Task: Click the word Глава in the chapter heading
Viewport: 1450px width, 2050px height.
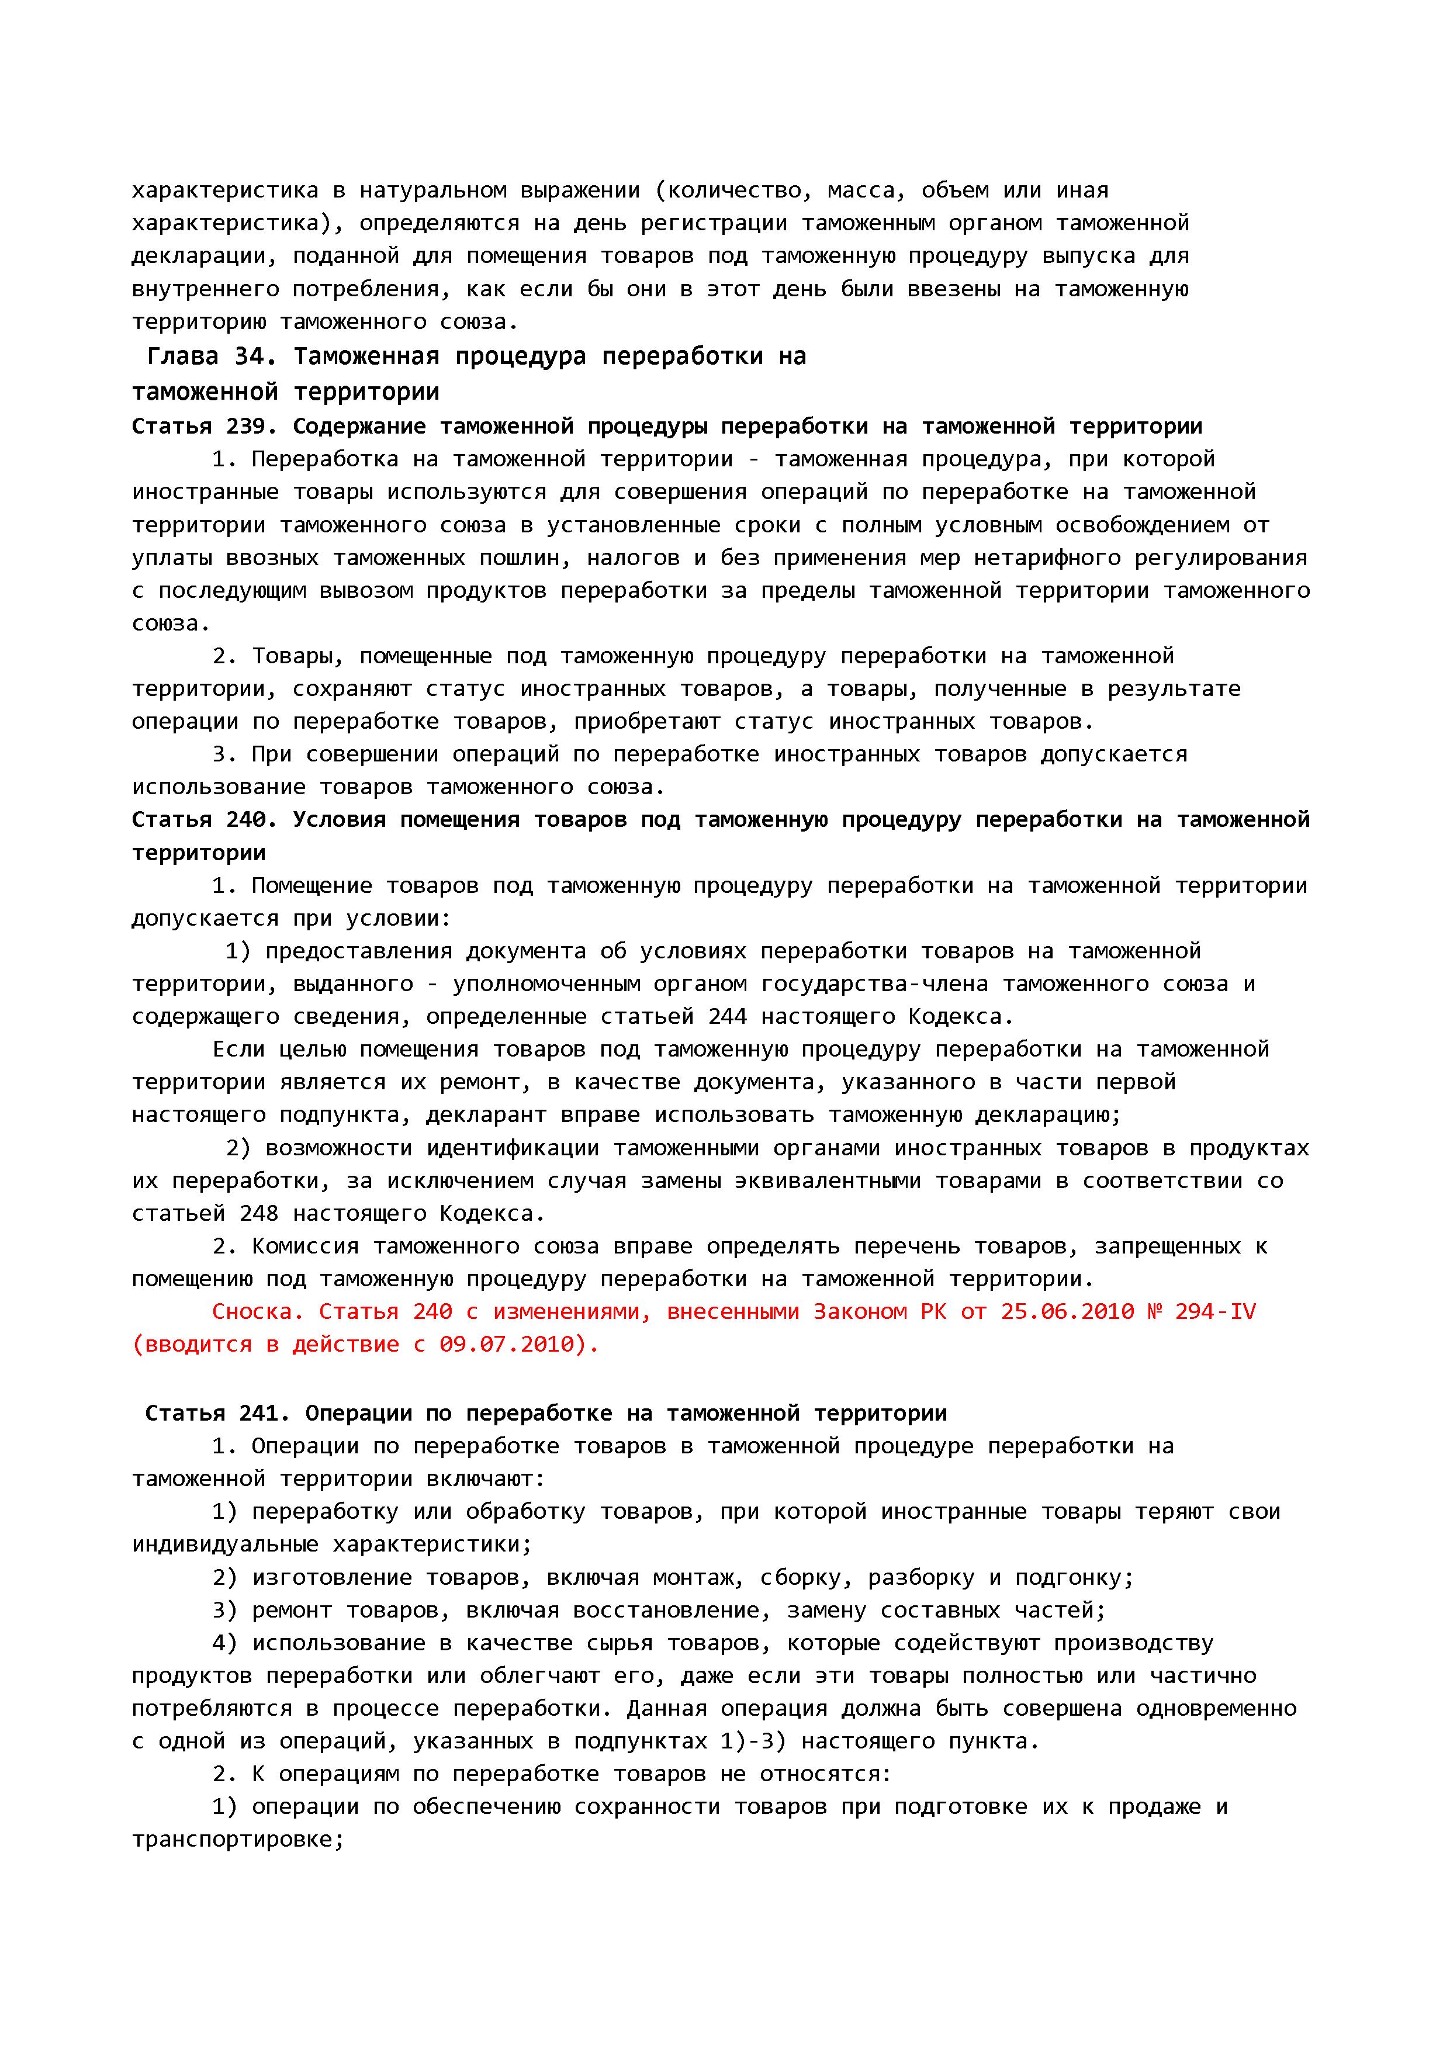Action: pos(182,357)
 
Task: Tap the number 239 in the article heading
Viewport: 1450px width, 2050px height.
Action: pos(245,427)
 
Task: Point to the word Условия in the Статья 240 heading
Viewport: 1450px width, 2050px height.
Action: pos(340,820)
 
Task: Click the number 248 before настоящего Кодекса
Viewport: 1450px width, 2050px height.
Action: pos(259,1213)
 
